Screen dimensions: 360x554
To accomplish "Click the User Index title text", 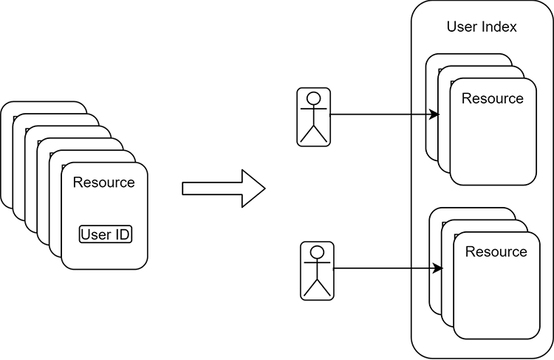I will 482,27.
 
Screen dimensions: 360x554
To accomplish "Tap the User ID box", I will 105,235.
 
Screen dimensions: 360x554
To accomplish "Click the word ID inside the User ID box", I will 122,235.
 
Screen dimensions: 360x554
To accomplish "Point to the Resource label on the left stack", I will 104,182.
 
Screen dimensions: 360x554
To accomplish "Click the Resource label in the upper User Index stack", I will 492,98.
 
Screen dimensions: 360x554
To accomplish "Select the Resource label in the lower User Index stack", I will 496,252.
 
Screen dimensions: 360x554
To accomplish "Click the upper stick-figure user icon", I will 313,117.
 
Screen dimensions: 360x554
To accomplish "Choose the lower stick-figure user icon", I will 317,271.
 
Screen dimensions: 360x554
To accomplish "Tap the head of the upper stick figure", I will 313,98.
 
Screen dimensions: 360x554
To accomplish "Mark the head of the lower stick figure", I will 317,252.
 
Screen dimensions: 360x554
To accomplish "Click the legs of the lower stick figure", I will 317,288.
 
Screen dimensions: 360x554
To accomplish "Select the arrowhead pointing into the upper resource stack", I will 436,115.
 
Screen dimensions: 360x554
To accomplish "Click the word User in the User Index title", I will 462,27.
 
